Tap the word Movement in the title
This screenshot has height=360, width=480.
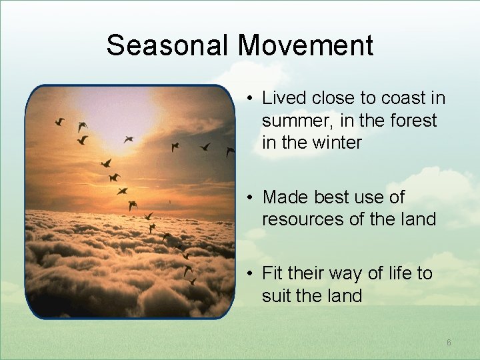pyautogui.click(x=305, y=46)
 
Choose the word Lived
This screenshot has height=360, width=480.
pyautogui.click(x=283, y=99)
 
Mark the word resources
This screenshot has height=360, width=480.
pyautogui.click(x=299, y=219)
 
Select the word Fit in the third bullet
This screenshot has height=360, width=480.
pyautogui.click(x=273, y=273)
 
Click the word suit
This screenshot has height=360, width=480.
pyautogui.click(x=275, y=295)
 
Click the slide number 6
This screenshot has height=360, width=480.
pyautogui.click(x=449, y=343)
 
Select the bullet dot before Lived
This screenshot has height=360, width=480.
pyautogui.click(x=247, y=99)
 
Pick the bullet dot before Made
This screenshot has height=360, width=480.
pyautogui.click(x=247, y=198)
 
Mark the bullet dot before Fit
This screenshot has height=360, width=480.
pyautogui.click(x=247, y=274)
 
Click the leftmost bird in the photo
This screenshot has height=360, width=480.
pyautogui.click(x=59, y=121)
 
